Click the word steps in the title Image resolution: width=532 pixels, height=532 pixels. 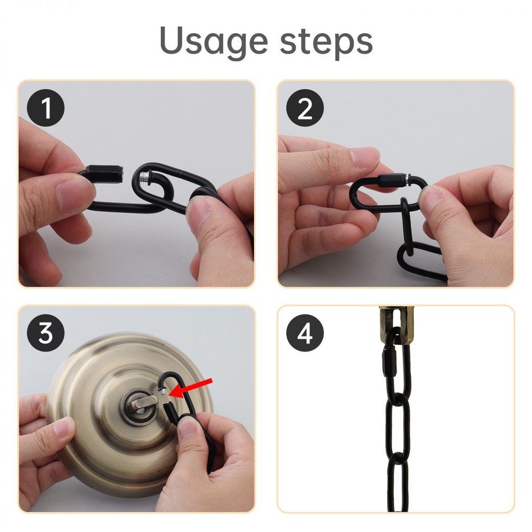point(326,41)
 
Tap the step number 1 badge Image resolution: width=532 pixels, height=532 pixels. point(46,108)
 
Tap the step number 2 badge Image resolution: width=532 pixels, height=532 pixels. point(304,108)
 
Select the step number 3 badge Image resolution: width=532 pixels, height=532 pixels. point(46,333)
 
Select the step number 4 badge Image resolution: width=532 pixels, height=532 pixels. point(304,333)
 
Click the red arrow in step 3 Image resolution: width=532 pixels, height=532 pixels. point(191,388)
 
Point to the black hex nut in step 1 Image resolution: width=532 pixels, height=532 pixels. point(105,174)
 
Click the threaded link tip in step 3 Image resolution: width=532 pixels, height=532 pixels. point(163,393)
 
